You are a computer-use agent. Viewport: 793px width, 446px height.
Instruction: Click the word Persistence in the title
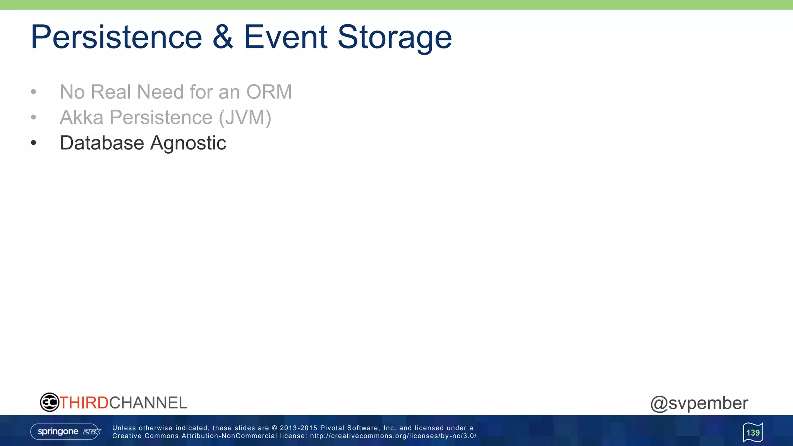point(116,37)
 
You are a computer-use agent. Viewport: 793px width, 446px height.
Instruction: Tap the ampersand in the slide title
point(223,37)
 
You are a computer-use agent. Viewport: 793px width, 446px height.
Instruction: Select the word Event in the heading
point(286,37)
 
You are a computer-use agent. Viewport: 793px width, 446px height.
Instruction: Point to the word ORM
point(269,92)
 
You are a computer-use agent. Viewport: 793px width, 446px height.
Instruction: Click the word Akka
point(81,117)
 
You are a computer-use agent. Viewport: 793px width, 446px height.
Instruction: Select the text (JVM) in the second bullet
point(245,118)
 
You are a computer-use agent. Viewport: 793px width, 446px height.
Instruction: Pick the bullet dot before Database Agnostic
point(34,143)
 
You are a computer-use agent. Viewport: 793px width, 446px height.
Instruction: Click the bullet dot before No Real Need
point(34,92)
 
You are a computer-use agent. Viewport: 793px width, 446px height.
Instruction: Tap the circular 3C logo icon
point(50,402)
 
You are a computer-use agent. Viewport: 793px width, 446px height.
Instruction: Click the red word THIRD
point(84,403)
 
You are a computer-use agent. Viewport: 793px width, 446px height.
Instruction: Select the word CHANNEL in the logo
point(148,403)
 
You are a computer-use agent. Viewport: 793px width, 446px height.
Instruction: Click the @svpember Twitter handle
point(699,403)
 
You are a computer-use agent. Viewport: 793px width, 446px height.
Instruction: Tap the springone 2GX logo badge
point(66,432)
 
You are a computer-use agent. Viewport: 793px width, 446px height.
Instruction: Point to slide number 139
point(753,432)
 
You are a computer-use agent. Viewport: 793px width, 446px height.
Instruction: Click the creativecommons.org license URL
point(393,436)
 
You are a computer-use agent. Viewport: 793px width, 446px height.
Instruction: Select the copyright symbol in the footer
point(274,428)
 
